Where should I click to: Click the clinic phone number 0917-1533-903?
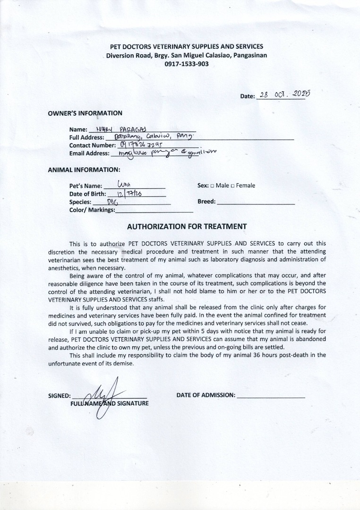186,64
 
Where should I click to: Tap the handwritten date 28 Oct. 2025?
281,94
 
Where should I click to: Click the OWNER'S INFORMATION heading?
85,113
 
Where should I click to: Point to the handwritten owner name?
121,129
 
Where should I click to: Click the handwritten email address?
161,152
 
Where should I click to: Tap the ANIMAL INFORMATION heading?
84,169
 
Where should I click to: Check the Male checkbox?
212,186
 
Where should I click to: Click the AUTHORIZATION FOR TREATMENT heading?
187,227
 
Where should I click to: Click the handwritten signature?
106,396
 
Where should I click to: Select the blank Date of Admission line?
271,396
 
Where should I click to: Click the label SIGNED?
60,396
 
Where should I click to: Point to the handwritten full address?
152,136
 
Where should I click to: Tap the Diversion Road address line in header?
186,55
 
